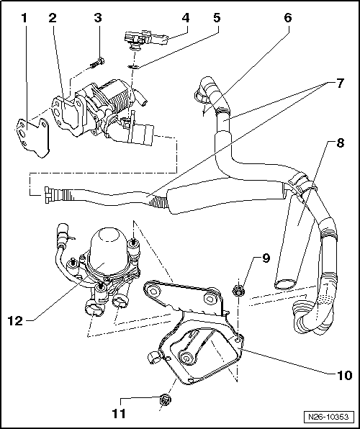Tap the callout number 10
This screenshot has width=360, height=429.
(x=344, y=375)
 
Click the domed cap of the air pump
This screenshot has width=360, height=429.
(x=108, y=240)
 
